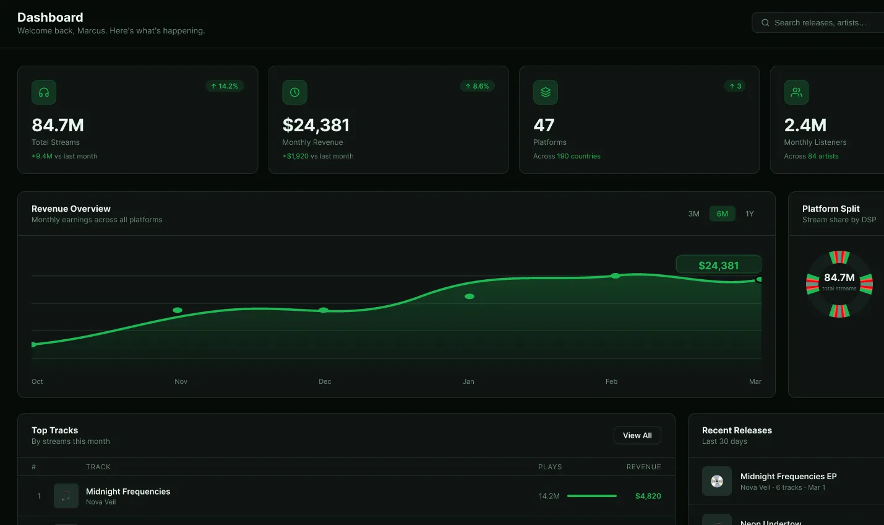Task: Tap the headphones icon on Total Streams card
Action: point(44,92)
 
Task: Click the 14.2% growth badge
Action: point(225,86)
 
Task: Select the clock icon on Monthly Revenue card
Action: point(294,92)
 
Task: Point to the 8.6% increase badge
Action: point(477,86)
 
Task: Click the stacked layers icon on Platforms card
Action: point(545,92)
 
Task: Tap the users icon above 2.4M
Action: point(796,92)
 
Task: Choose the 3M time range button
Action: point(693,214)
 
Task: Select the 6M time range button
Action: point(722,214)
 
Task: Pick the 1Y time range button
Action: point(750,214)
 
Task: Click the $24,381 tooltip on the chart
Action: point(718,265)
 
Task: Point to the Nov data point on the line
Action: point(178,310)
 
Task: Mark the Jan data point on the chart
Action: point(470,297)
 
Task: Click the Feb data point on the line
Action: point(615,276)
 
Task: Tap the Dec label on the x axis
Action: point(325,381)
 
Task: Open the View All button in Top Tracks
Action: point(637,435)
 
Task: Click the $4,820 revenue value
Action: point(648,496)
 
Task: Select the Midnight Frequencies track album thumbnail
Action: point(66,496)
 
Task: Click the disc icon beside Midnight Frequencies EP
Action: point(717,481)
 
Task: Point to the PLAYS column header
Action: point(550,467)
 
